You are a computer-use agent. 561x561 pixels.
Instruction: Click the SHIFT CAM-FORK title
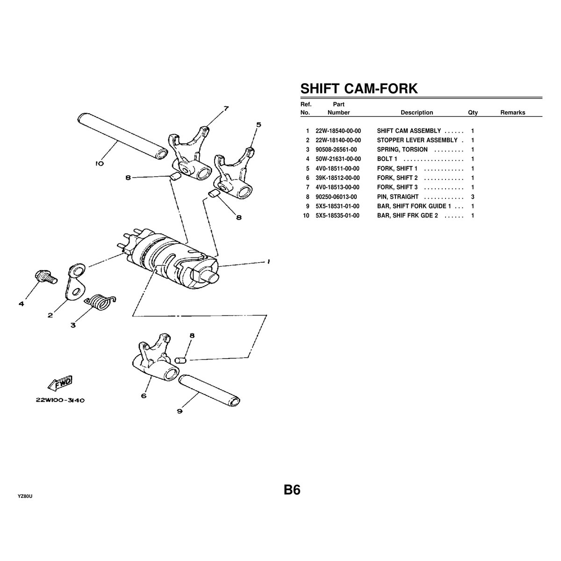[359, 88]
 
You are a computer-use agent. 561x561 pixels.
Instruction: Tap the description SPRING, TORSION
[402, 150]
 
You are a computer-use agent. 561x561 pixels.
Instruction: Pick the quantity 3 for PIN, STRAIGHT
[473, 197]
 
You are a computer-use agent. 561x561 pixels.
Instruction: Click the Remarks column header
[512, 112]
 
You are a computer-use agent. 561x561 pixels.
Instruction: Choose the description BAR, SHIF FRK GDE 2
[407, 216]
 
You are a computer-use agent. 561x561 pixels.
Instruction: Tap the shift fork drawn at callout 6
[152, 358]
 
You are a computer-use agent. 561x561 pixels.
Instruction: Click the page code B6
[292, 490]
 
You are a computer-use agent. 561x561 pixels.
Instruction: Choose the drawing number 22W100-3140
[59, 400]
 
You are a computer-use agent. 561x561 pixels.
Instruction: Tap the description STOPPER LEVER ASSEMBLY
[417, 140]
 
